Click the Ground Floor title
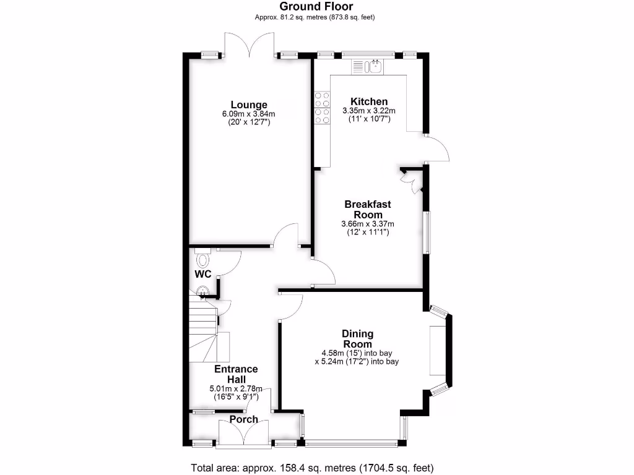(x=316, y=7)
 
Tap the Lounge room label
(x=249, y=105)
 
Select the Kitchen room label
(x=369, y=101)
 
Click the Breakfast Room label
(x=368, y=209)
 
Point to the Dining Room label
(x=357, y=339)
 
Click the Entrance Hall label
(x=235, y=374)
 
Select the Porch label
(x=243, y=419)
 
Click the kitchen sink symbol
(x=375, y=65)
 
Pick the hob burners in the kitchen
(x=321, y=108)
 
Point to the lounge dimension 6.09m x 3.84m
(x=249, y=114)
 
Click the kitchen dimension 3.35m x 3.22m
(x=369, y=111)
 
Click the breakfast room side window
(x=425, y=232)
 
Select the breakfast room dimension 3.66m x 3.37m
(x=368, y=224)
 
